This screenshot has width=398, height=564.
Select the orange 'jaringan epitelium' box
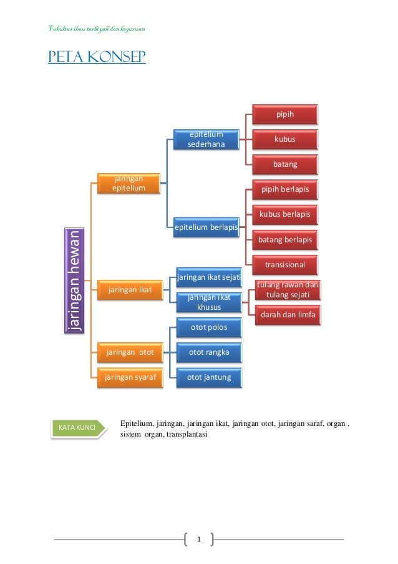click(x=129, y=182)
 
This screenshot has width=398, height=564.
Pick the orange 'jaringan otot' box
click(x=129, y=352)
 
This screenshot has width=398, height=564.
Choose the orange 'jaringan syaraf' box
click(x=130, y=377)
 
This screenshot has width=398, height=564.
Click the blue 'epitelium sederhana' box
click(x=206, y=140)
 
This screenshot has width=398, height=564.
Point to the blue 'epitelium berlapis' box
click(x=206, y=227)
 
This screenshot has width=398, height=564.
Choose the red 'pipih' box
click(x=284, y=114)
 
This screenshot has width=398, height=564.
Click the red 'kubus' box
click(x=284, y=139)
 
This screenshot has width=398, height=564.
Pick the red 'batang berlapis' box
click(x=284, y=239)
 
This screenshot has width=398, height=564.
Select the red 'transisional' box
click(x=284, y=264)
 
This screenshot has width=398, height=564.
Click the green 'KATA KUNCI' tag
click(x=76, y=427)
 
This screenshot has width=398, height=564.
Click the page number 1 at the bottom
click(x=199, y=538)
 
